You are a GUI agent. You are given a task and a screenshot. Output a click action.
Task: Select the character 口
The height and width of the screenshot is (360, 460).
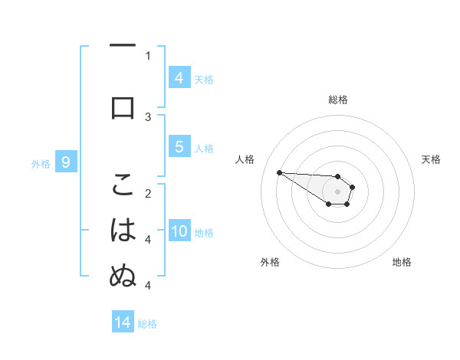tap(123, 108)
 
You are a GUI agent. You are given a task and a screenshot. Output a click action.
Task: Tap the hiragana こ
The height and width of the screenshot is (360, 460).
tap(123, 185)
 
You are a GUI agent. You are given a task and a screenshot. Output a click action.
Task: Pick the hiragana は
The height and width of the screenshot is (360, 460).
tap(123, 230)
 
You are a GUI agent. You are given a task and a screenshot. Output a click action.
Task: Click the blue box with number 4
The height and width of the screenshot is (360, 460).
tap(179, 77)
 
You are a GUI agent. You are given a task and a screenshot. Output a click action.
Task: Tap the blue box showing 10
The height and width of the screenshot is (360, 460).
tap(179, 232)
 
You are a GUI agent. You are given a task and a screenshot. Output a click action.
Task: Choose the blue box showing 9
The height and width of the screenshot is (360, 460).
tap(66, 162)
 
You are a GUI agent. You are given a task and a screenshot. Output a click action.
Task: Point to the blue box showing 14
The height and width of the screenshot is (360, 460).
tap(123, 322)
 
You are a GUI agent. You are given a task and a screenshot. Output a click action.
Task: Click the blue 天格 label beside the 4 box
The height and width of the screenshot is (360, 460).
tap(204, 79)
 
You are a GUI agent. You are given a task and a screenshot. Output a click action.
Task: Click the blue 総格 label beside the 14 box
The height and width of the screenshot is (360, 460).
tap(147, 324)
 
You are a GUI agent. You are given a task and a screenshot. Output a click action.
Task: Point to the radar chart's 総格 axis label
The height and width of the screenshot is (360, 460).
tap(337, 100)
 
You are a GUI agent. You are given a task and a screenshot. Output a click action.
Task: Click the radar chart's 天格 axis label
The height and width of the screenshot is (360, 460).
tap(431, 159)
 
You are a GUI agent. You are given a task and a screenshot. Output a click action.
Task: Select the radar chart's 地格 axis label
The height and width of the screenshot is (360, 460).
tap(402, 262)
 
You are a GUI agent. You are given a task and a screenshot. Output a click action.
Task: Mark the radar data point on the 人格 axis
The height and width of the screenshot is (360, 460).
tap(279, 172)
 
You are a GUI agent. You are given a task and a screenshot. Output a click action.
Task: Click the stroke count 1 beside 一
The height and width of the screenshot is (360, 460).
tap(148, 55)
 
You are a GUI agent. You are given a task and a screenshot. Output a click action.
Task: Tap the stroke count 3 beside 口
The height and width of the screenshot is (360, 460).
tap(148, 116)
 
